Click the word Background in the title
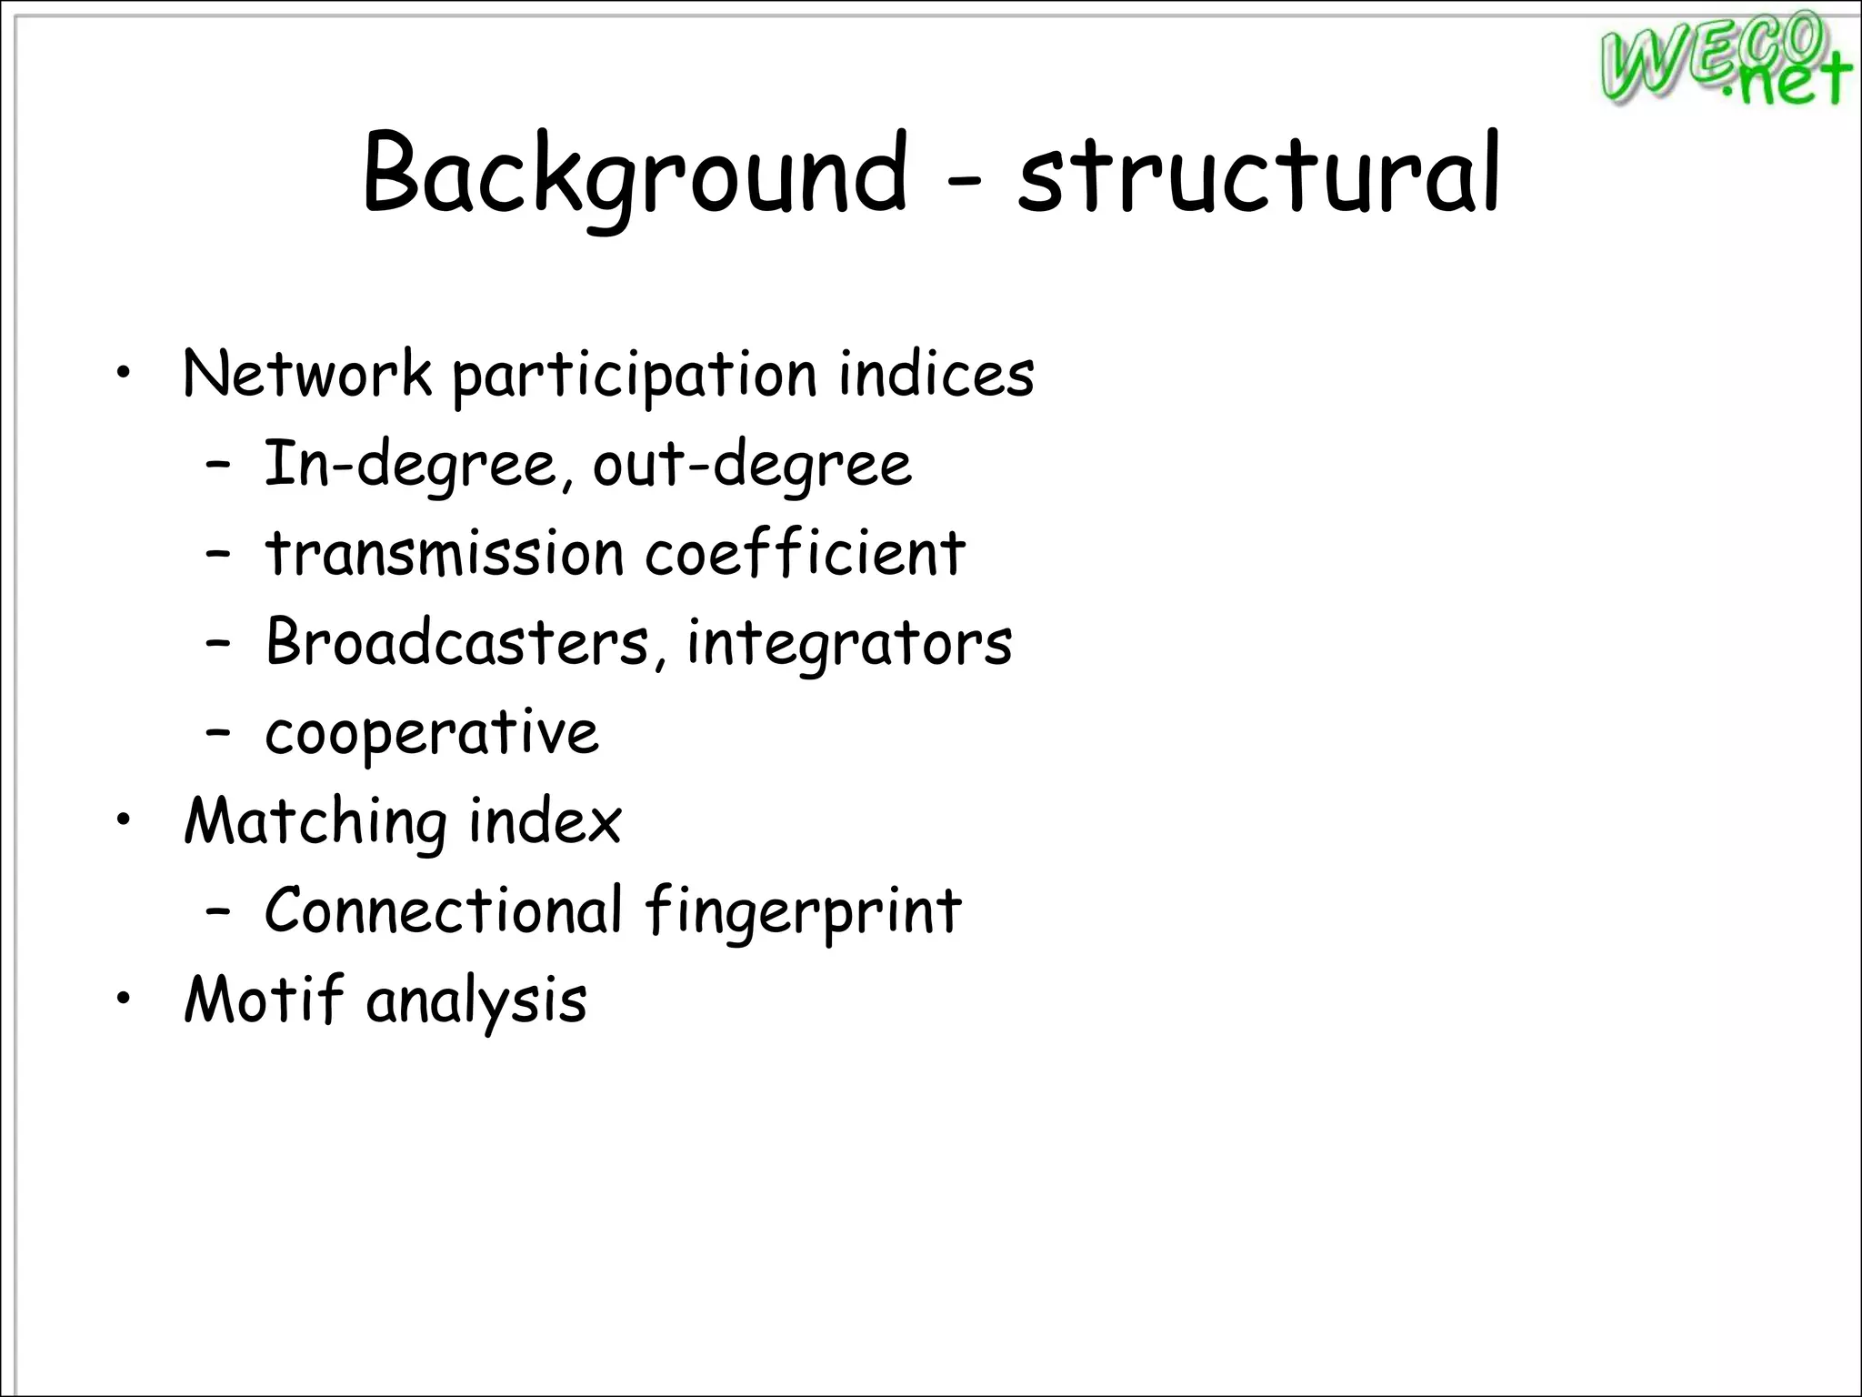635,173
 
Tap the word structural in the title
1258,173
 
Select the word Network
307,374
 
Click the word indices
936,374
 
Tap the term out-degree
752,465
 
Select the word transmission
445,553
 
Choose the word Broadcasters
456,641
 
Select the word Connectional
444,910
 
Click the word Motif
264,999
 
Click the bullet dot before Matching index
124,820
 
